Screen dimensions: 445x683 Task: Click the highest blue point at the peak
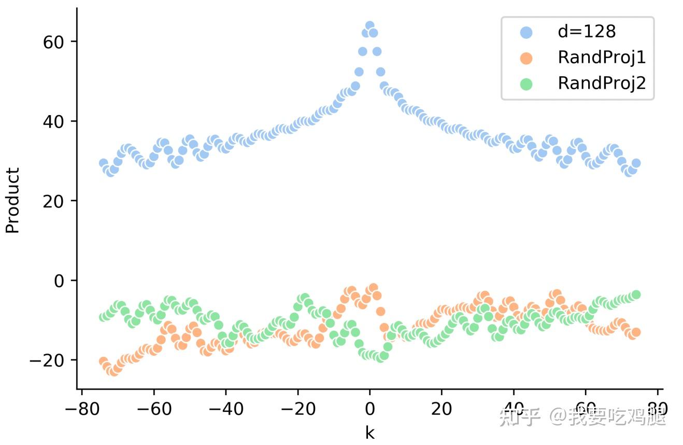[x=369, y=26]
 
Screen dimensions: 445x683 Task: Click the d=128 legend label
[x=587, y=32]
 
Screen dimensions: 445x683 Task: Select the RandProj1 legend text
[x=602, y=57]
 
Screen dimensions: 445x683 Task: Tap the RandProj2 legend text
[x=602, y=83]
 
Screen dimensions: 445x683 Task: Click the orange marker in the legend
[x=527, y=58]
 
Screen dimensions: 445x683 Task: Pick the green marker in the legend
[x=527, y=84]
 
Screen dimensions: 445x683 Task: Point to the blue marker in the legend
[x=527, y=32]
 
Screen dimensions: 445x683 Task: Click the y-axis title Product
[x=12, y=200]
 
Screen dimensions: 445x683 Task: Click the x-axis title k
[x=369, y=433]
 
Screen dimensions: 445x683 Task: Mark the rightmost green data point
[x=636, y=295]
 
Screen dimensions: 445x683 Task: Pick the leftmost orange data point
[x=103, y=361]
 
